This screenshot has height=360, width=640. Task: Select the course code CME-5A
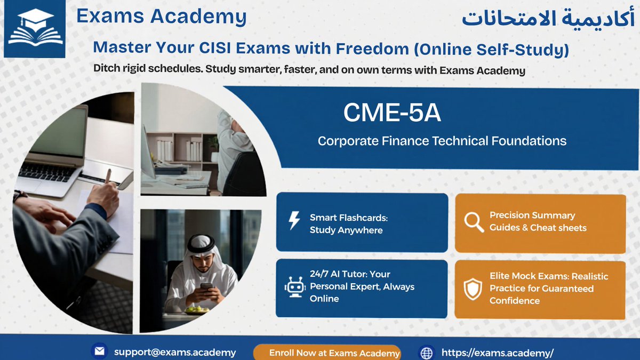[392, 112]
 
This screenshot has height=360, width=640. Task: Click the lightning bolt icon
[294, 221]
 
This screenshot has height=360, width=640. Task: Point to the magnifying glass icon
[473, 222]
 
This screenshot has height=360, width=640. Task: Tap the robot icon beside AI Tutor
[295, 287]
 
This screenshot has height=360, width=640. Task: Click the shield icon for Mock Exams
[473, 289]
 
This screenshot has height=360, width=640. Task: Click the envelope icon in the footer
[99, 351]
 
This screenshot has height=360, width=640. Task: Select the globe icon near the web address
[426, 353]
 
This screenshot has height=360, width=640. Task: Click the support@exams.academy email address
[175, 352]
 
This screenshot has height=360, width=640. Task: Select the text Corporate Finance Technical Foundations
[442, 141]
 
